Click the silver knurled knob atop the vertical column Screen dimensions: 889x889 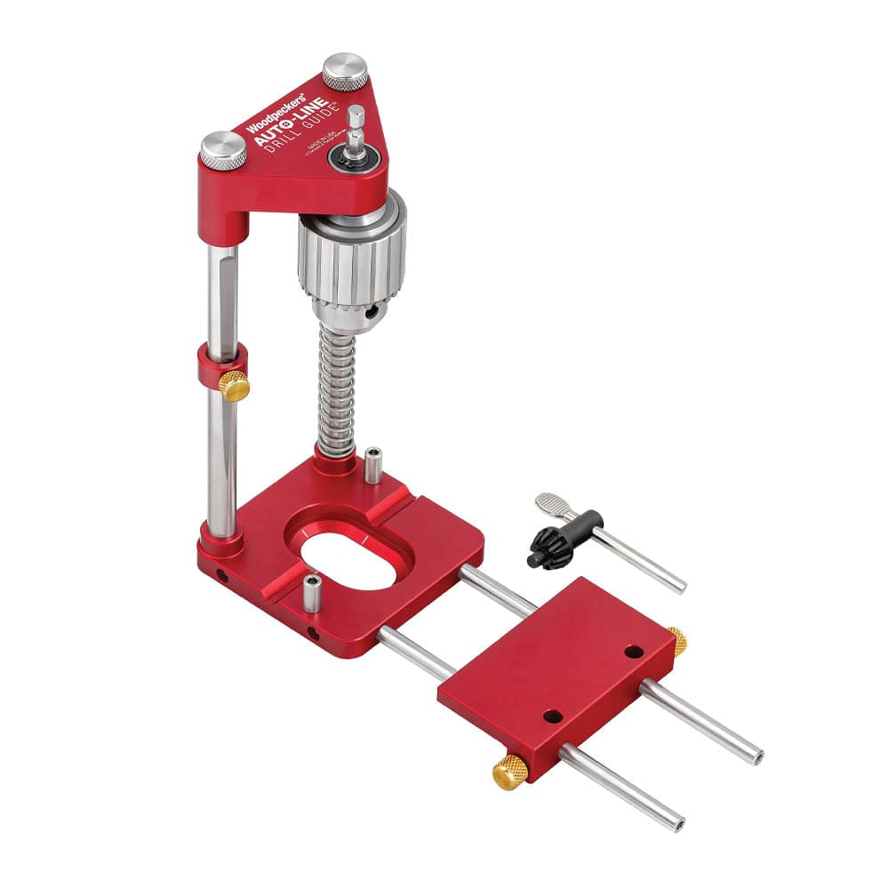pyautogui.click(x=222, y=150)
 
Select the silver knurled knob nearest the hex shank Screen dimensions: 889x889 pyautogui.click(x=345, y=71)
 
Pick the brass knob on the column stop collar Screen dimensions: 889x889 pyautogui.click(x=235, y=385)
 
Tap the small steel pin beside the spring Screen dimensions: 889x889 pyautogui.click(x=373, y=464)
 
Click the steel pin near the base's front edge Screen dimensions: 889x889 pyautogui.click(x=311, y=593)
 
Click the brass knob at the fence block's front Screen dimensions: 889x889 pyautogui.click(x=509, y=770)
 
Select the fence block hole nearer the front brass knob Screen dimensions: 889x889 pyautogui.click(x=552, y=716)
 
